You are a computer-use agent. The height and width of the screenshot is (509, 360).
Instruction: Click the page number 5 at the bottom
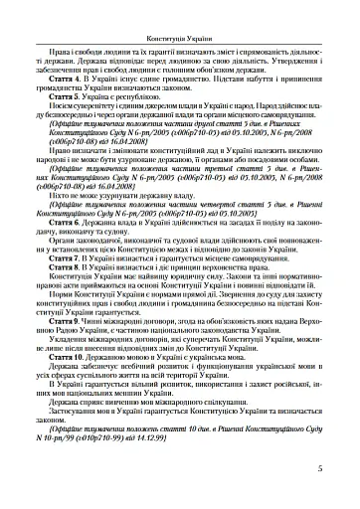(331, 469)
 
